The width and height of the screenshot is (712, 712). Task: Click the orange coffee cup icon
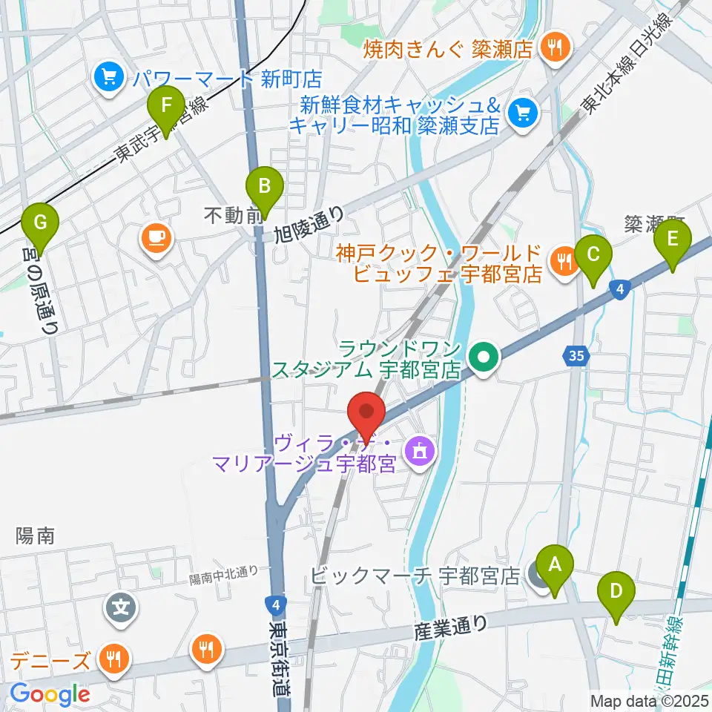click(x=156, y=237)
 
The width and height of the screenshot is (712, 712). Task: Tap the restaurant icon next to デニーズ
click(x=113, y=658)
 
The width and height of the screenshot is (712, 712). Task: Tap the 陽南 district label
click(x=36, y=536)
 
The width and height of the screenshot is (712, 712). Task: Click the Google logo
click(x=50, y=694)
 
